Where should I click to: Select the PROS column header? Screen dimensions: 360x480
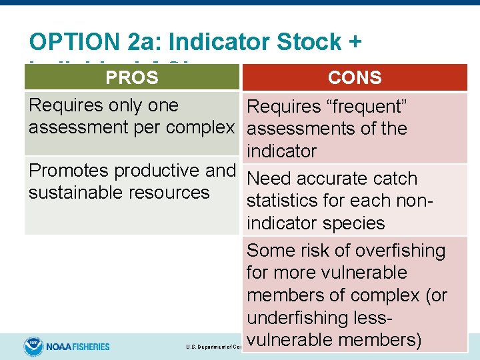132,78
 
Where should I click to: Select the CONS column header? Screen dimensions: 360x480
355,78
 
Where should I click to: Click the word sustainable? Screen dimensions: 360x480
68,193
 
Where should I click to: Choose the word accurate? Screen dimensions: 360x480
339,179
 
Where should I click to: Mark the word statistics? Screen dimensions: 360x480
292,201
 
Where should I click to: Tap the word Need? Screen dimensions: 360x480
269,179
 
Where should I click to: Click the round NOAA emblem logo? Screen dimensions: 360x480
33,346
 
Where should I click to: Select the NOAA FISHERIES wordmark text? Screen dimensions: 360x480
78,347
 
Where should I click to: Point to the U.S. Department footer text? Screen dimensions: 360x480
213,347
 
